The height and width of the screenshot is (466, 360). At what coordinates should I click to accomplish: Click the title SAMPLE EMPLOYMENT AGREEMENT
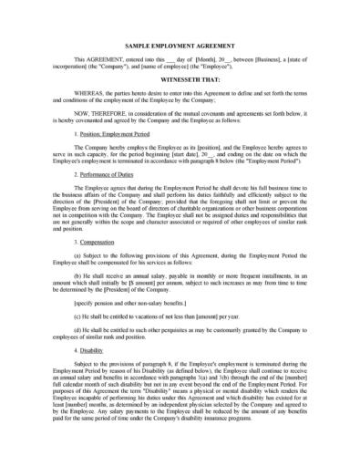(x=180, y=42)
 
